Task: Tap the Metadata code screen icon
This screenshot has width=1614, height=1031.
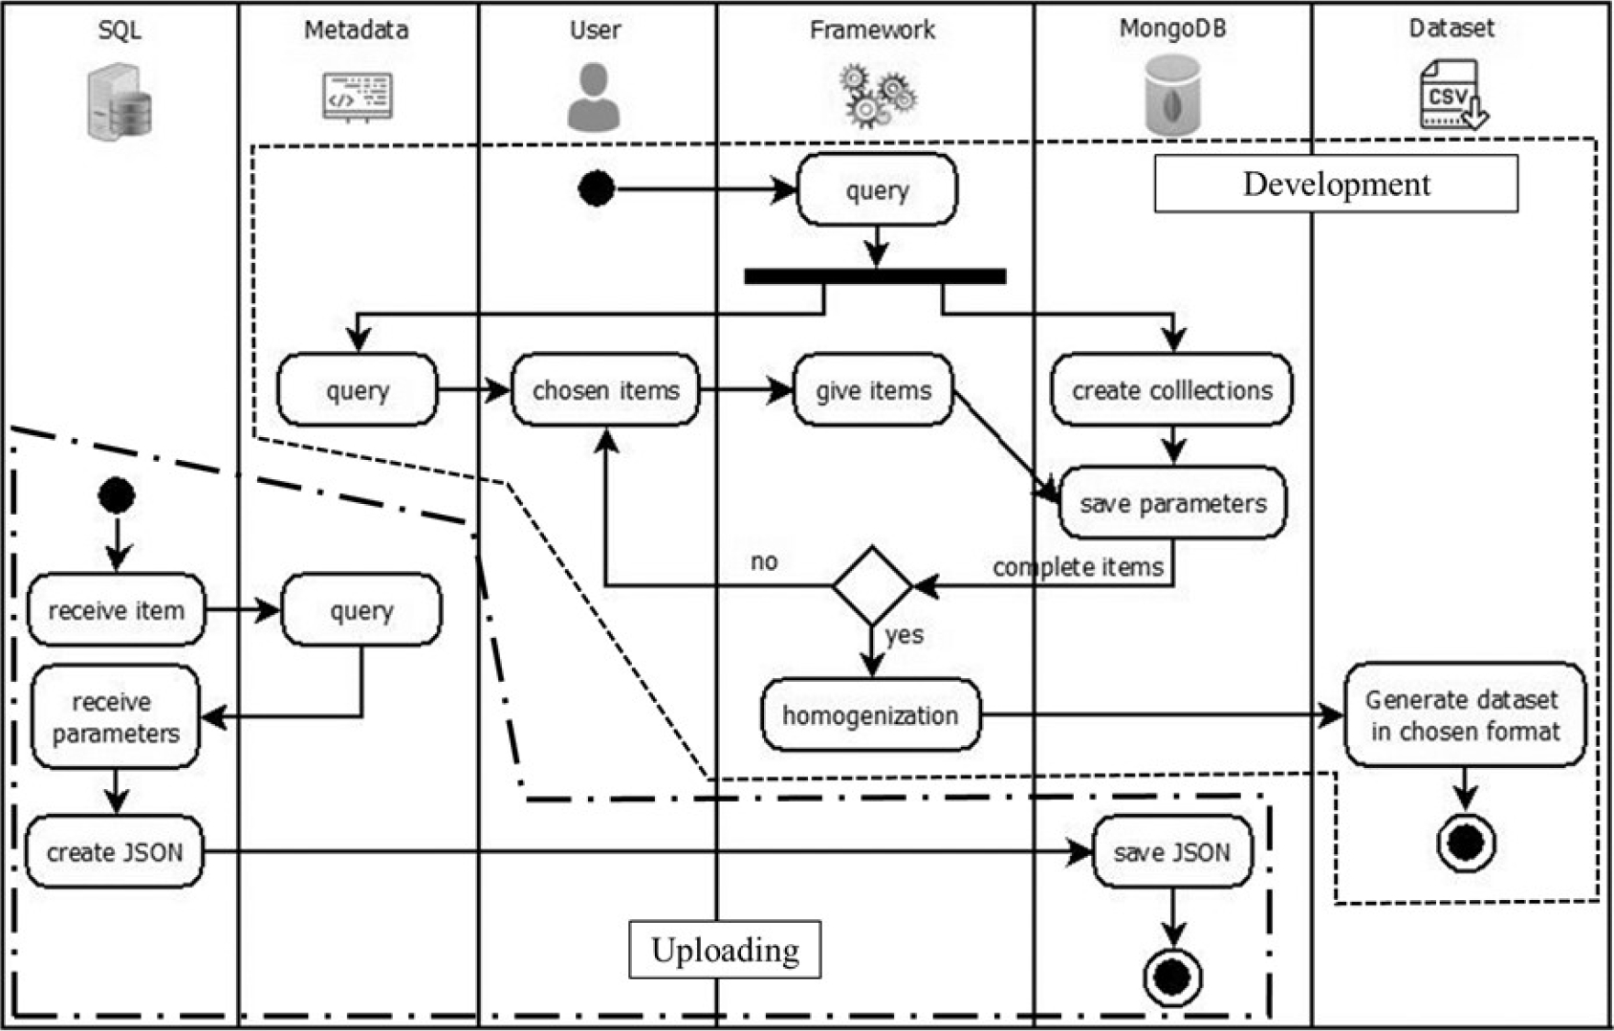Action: (x=357, y=97)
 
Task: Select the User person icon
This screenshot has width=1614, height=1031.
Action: (x=594, y=97)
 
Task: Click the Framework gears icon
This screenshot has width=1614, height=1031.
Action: (x=877, y=97)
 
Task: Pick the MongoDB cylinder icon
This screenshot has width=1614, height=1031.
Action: (x=1172, y=95)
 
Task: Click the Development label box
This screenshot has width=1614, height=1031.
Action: (x=1336, y=184)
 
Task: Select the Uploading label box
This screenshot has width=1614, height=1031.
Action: (x=725, y=950)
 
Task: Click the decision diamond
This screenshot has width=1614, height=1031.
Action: (x=872, y=585)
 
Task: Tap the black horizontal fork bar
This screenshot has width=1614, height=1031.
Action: (x=875, y=276)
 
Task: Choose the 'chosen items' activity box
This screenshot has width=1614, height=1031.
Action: (x=605, y=390)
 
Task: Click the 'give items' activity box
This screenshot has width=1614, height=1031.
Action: (x=873, y=390)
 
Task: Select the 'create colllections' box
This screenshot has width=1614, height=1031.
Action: (x=1171, y=390)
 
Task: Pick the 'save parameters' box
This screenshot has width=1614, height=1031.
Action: (x=1173, y=503)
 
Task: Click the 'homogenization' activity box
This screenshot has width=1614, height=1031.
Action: (x=870, y=715)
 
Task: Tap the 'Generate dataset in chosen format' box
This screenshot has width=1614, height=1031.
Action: (x=1463, y=715)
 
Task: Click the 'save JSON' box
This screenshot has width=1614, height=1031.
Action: (x=1172, y=852)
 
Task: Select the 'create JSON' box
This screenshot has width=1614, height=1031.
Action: (x=115, y=852)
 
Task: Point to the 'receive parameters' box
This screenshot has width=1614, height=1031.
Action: (x=115, y=717)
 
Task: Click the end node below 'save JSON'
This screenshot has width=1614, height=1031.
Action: (x=1173, y=977)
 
